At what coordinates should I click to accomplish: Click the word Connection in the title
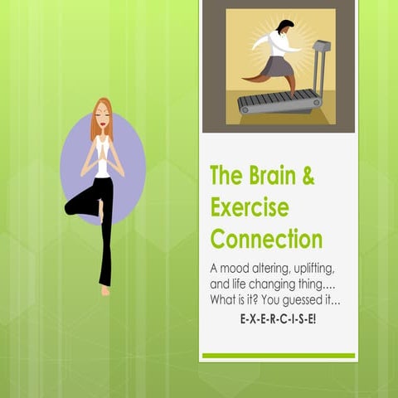[x=266, y=240]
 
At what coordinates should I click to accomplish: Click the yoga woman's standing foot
[x=105, y=289]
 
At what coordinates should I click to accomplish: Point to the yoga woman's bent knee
[x=70, y=206]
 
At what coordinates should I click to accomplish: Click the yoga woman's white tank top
[x=103, y=166]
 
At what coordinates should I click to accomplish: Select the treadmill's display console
[x=320, y=47]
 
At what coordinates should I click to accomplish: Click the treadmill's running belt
[x=279, y=102]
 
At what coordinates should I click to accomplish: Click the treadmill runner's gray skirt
[x=278, y=63]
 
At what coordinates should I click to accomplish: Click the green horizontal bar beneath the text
[x=279, y=356]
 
